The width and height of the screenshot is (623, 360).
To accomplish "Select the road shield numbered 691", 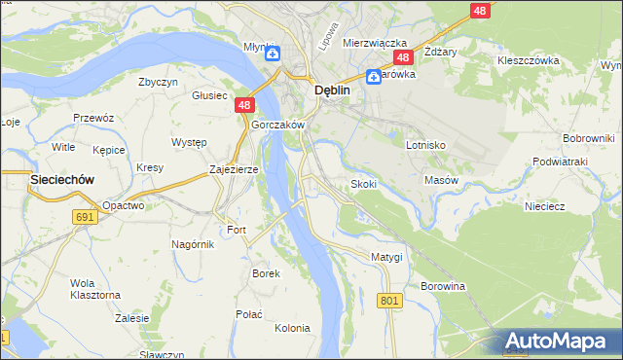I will [85, 217].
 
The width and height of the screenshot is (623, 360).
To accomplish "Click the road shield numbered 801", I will [390, 302].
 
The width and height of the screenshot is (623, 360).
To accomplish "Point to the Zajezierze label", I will [234, 168].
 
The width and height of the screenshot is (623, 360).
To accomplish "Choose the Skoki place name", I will [364, 184].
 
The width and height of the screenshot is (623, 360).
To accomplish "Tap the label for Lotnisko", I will [425, 144].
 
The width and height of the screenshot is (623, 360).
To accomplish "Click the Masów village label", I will [441, 180].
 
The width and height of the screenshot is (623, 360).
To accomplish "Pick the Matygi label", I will [386, 256].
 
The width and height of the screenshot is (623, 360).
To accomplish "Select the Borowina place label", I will [443, 286].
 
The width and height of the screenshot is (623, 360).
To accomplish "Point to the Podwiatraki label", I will [562, 162].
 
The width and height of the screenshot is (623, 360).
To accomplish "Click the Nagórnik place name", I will [192, 243].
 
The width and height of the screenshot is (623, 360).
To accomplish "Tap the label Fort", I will [237, 230].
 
